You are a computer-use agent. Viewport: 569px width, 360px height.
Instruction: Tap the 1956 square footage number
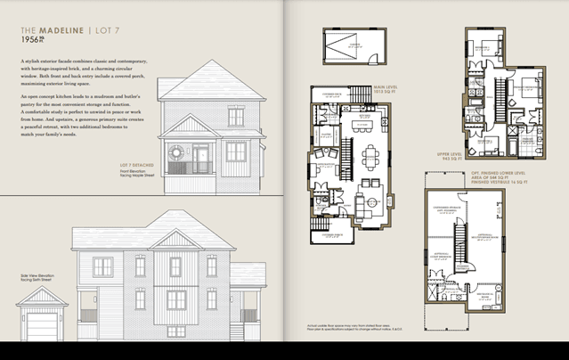click(32, 41)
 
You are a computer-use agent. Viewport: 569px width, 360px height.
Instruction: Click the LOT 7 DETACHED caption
click(136, 165)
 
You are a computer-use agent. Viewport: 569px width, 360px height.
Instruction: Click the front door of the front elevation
click(203, 160)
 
